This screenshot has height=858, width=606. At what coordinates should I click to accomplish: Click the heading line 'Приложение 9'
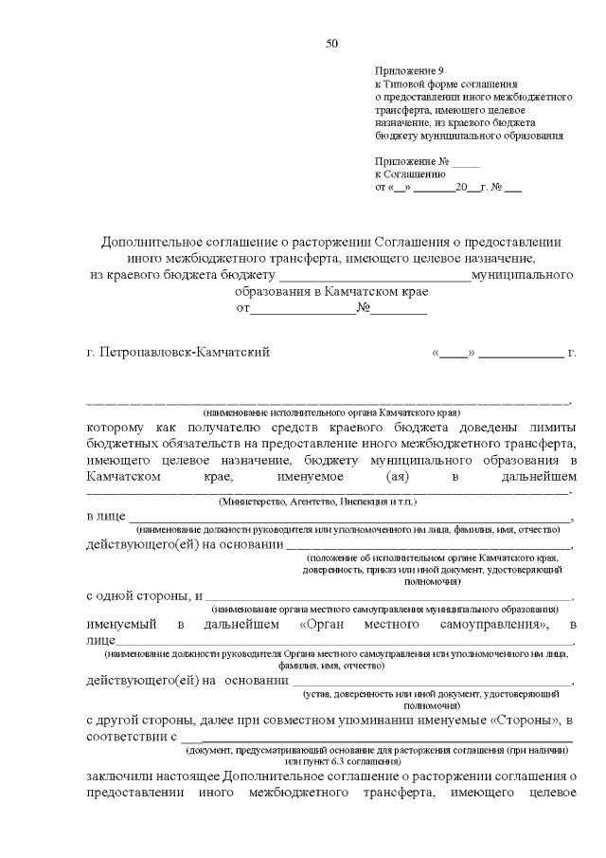pyautogui.click(x=408, y=71)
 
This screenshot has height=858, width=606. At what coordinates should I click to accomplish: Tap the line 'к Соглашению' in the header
pyautogui.click(x=410, y=173)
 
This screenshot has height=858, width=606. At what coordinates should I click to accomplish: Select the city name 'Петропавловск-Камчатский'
pyautogui.click(x=186, y=353)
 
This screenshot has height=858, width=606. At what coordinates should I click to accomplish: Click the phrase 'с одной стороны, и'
pyautogui.click(x=144, y=595)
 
